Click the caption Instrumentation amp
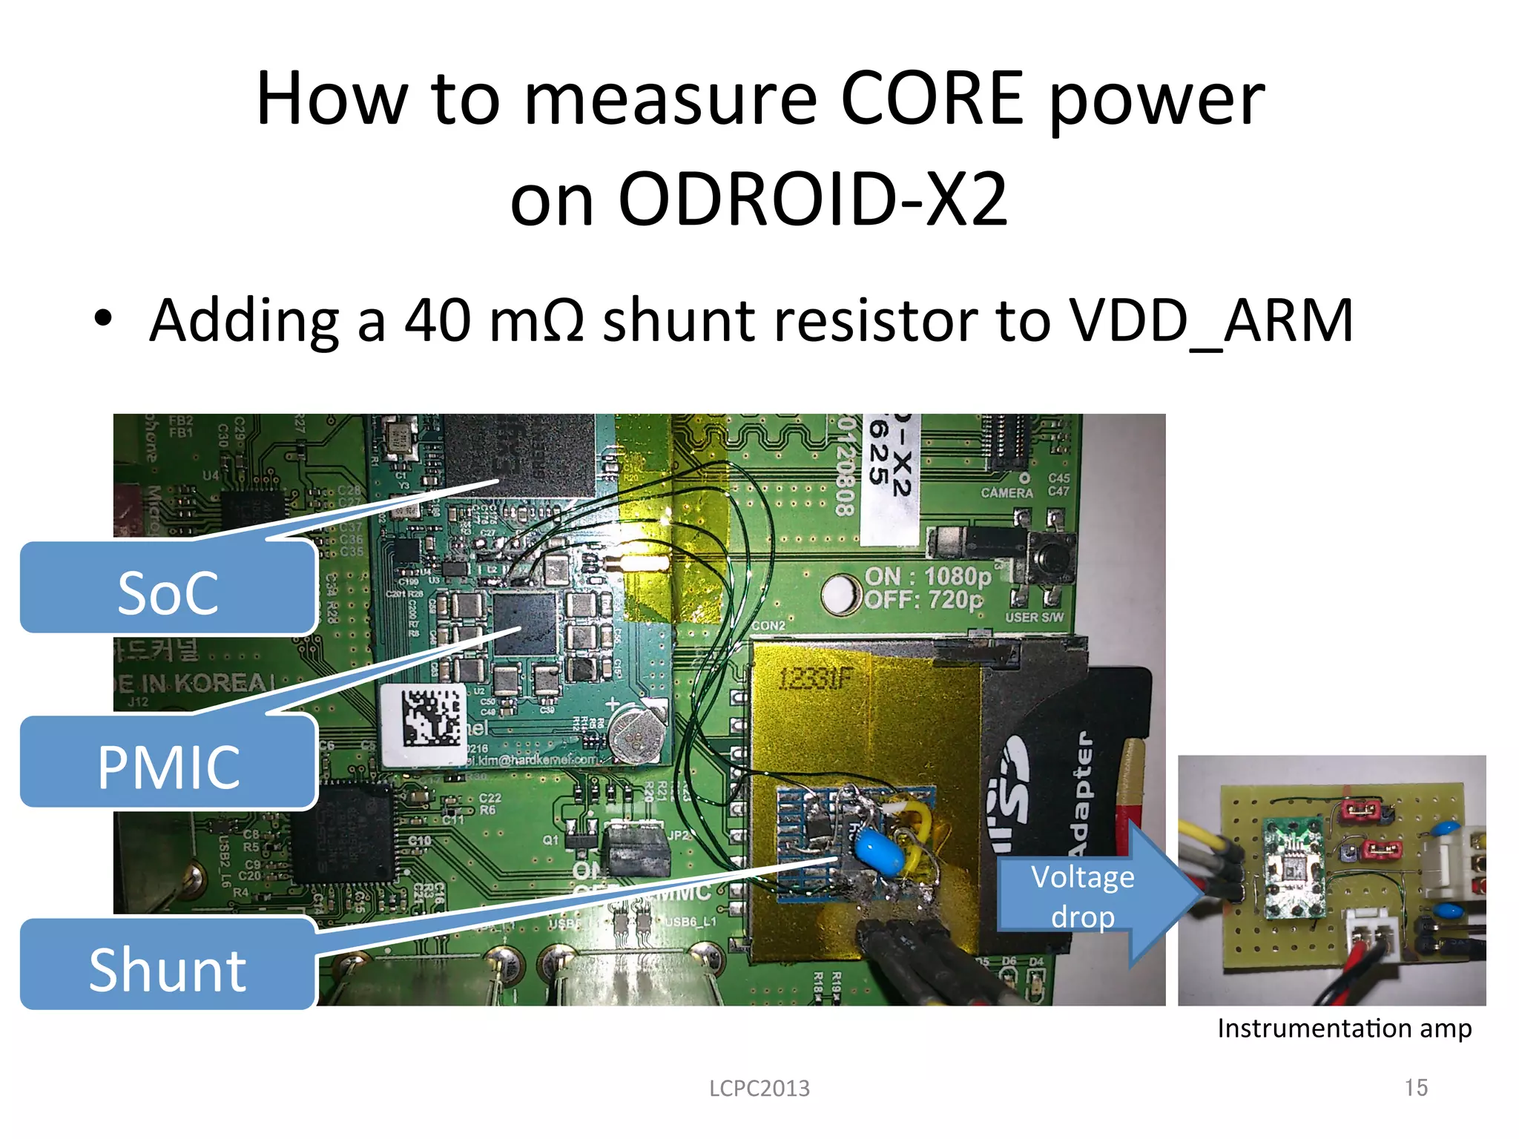[x=1344, y=1029]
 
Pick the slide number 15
[x=1416, y=1088]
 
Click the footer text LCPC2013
[x=759, y=1089]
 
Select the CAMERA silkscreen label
[x=1006, y=492]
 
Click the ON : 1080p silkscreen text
[x=927, y=576]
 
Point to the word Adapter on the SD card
[x=1081, y=793]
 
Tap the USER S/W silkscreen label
[x=1034, y=617]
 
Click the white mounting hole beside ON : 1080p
[x=839, y=592]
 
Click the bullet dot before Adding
[x=103, y=320]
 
